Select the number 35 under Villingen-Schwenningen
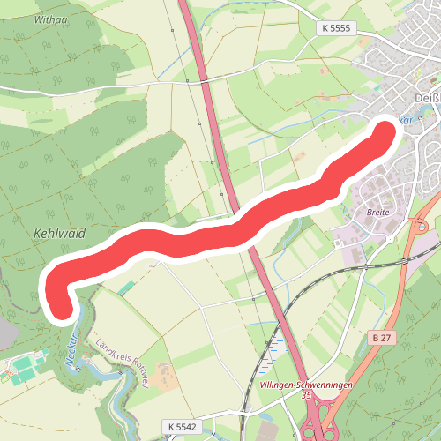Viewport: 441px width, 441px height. coord(306,396)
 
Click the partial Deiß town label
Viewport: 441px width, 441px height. coord(425,97)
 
